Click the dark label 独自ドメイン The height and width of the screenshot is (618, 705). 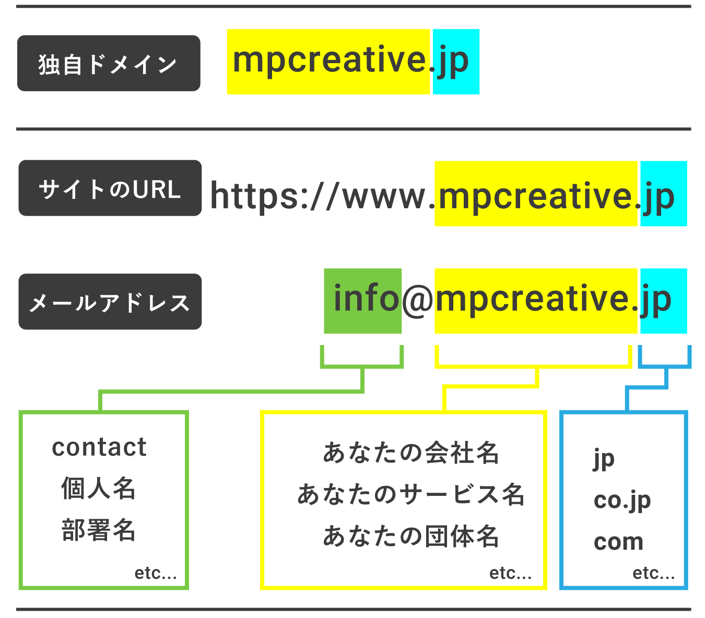109,64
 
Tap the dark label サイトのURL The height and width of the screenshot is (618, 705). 110,188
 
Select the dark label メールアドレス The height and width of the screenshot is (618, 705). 110,302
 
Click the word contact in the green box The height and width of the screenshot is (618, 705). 99,447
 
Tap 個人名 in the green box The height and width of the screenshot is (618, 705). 99,489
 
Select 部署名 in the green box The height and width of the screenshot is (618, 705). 99,530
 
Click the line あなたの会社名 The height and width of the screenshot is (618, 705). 411,453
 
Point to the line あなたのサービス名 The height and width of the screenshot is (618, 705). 411,494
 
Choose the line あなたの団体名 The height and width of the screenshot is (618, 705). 411,536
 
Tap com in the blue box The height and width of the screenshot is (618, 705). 618,542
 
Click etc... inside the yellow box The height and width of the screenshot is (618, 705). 510,573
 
